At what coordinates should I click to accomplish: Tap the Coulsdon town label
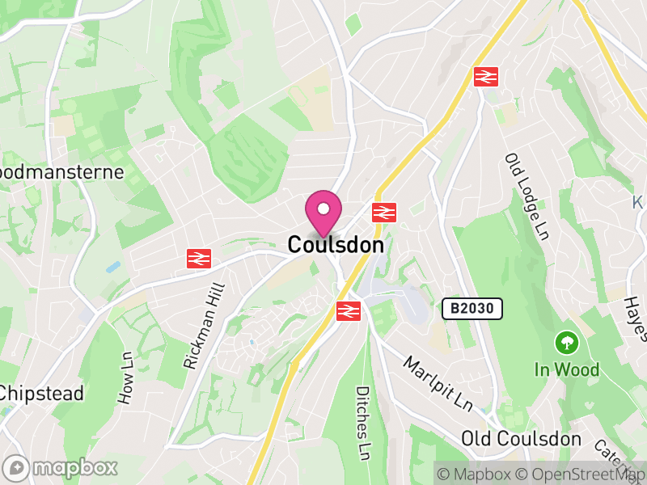[335, 244]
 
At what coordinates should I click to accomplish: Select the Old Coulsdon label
[521, 439]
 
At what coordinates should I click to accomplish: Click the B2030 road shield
[472, 308]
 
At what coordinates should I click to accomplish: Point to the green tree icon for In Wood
[567, 343]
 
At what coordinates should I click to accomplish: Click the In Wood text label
[567, 370]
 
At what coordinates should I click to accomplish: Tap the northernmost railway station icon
[485, 76]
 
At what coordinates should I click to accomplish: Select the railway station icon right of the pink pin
[383, 213]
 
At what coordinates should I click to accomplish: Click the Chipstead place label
[42, 394]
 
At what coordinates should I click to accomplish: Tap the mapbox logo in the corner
[61, 467]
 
